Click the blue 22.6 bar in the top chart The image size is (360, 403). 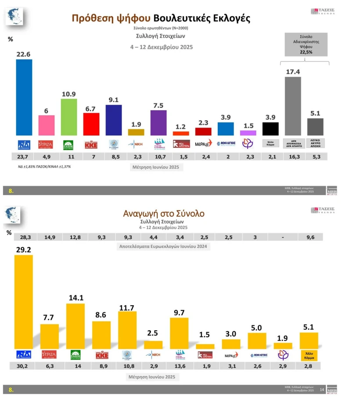point(24,97)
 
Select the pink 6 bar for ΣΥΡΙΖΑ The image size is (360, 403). point(47,125)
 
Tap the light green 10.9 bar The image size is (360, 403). point(69,117)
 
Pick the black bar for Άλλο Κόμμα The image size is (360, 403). point(270,128)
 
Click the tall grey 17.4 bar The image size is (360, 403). point(293,106)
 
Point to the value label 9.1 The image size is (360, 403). point(114,99)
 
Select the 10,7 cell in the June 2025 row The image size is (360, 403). point(159,157)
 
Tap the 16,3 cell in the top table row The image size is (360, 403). point(293,157)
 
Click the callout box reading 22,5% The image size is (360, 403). point(306,44)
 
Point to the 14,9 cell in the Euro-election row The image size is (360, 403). point(50,237)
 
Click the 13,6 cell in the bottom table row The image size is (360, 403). point(179,366)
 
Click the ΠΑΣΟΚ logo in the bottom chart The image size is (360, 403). point(76,355)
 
